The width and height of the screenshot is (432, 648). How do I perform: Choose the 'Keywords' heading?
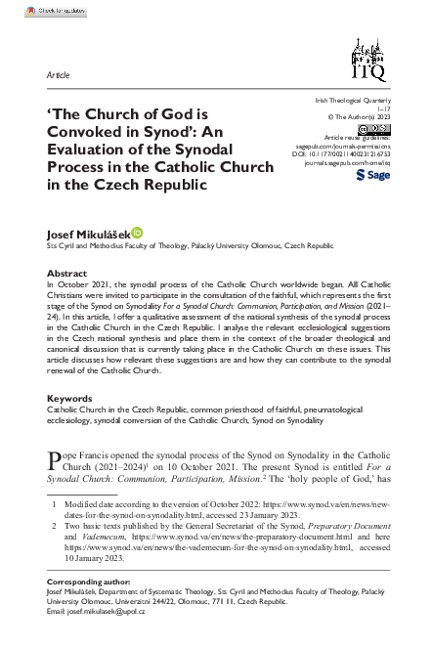click(70, 399)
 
